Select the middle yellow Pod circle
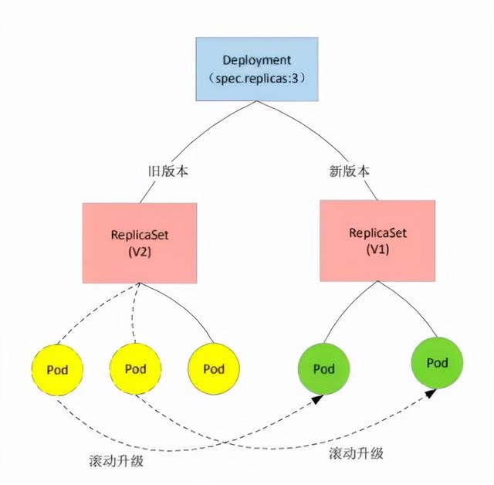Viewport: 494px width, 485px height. coord(135,369)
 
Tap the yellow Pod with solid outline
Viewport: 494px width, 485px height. coord(213,369)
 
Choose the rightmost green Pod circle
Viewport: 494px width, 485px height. coord(437,362)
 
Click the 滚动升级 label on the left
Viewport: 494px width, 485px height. coord(116,461)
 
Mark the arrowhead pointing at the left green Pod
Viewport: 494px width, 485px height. coord(318,399)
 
